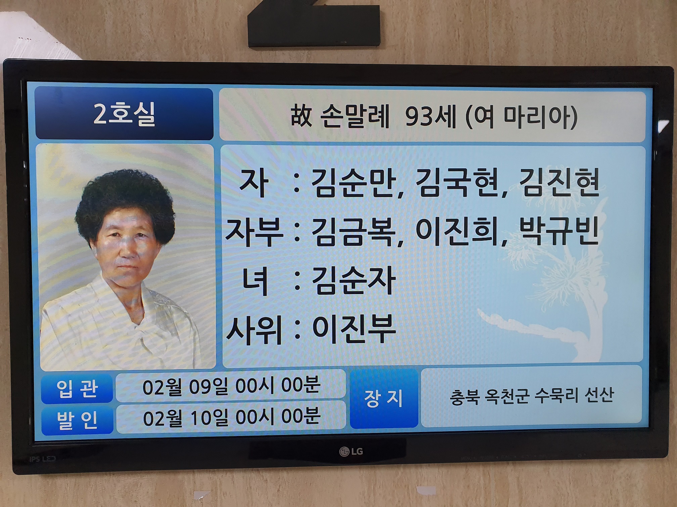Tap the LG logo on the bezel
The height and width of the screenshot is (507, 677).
tap(351, 451)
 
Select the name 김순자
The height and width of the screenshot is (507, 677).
tap(353, 281)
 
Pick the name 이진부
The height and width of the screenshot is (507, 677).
tap(354, 329)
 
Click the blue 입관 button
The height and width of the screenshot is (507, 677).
tap(77, 389)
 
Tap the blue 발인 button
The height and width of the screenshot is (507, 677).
tap(77, 420)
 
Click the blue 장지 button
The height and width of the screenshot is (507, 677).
tap(384, 398)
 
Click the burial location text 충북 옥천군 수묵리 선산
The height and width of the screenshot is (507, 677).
tap(532, 396)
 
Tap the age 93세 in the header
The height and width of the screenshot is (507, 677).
tap(430, 116)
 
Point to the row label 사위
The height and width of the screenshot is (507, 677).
tap(254, 330)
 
